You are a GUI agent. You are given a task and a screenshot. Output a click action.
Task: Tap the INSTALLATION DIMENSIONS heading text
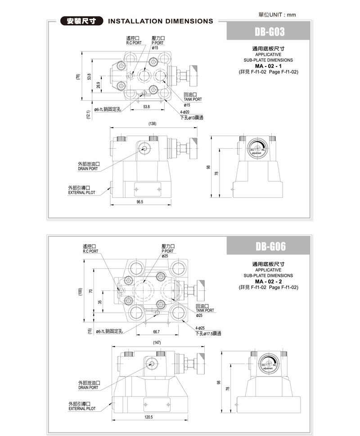[x=161, y=21]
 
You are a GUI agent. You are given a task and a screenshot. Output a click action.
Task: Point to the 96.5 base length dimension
[x=139, y=202]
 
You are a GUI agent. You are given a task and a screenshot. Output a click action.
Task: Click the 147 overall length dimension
[x=157, y=343]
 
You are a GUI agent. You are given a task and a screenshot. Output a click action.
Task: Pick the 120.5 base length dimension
[x=149, y=417]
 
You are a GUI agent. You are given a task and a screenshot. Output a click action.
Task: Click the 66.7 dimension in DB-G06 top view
[x=157, y=332]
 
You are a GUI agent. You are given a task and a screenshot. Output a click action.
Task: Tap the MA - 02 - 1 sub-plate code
[x=268, y=66]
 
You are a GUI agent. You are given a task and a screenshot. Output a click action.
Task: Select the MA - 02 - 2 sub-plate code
[x=268, y=281]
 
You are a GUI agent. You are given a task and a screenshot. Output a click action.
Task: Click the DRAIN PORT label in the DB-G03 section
[x=88, y=169]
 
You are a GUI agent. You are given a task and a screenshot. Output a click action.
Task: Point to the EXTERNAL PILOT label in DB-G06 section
[x=81, y=409]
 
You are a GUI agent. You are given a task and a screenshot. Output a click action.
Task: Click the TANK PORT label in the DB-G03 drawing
[x=193, y=99]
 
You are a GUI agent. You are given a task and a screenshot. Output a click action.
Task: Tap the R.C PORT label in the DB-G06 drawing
[x=90, y=251]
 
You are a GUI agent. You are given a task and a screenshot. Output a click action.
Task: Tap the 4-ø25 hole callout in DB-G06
[x=200, y=328]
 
